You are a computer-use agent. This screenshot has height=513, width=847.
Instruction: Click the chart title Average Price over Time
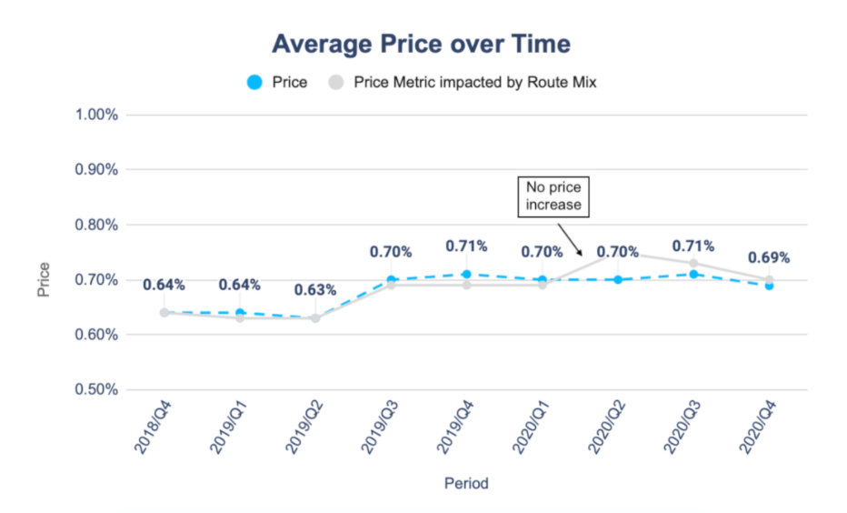click(x=422, y=43)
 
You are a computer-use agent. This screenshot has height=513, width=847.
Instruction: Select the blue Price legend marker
click(x=255, y=82)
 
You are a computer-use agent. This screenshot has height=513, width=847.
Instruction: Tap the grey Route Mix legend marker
click(x=336, y=82)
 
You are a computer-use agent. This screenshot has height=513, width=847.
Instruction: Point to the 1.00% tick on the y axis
click(x=97, y=116)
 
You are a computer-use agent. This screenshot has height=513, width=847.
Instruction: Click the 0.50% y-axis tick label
click(x=97, y=390)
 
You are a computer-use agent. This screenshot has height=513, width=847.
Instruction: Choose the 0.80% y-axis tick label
click(x=97, y=226)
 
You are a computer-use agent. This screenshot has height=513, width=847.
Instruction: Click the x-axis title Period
click(x=466, y=484)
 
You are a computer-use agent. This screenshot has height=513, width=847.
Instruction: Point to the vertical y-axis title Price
click(x=44, y=280)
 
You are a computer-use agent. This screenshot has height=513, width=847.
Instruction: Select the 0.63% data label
click(x=314, y=290)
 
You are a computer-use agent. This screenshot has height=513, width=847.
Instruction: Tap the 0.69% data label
click(x=768, y=257)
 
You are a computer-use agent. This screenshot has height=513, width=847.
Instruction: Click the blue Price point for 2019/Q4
click(x=466, y=274)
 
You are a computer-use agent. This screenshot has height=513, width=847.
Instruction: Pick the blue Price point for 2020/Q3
click(x=693, y=274)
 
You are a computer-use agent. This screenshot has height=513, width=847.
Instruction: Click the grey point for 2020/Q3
click(x=693, y=264)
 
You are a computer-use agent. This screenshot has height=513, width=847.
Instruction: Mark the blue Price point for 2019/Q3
click(x=391, y=280)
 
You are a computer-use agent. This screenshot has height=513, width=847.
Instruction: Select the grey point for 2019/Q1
click(x=240, y=318)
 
